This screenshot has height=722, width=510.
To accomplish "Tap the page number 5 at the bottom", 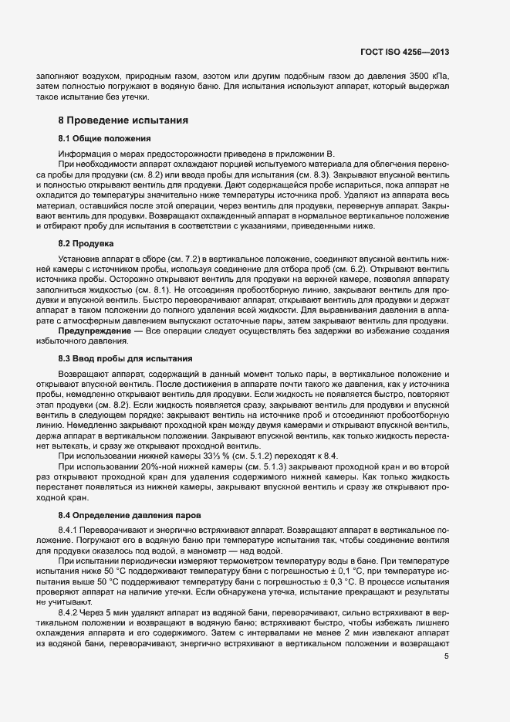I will (446, 656).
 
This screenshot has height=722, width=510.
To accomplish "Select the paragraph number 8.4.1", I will (71, 530).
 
